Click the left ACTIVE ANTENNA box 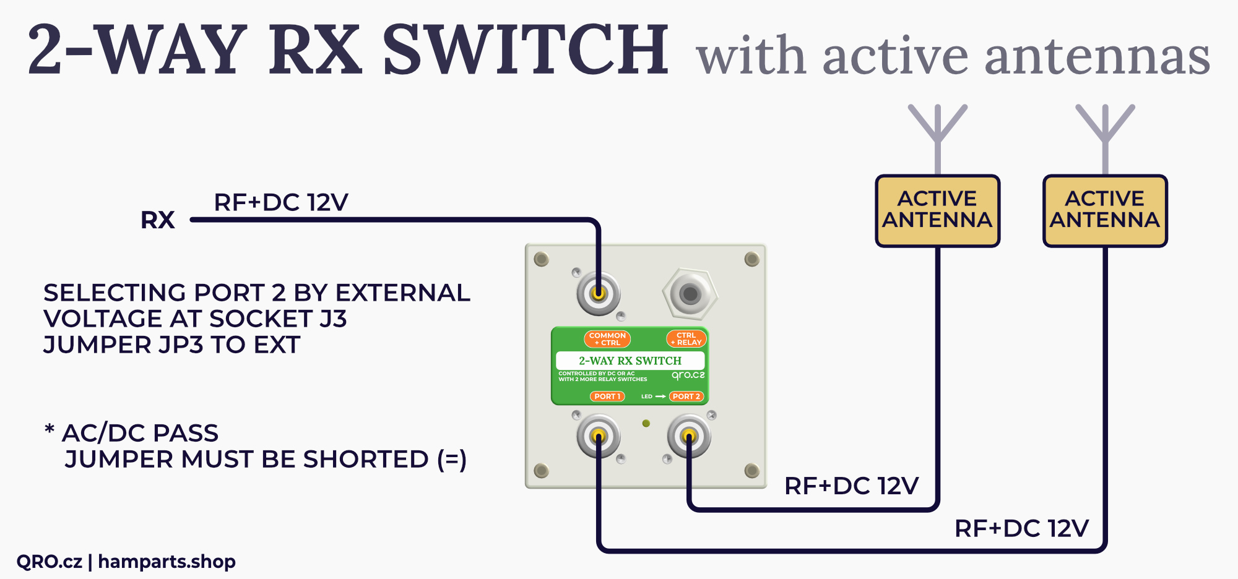pyautogui.click(x=937, y=210)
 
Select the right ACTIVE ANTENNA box pyautogui.click(x=1105, y=210)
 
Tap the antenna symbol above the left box pyautogui.click(x=937, y=133)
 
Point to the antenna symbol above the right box pyautogui.click(x=1105, y=133)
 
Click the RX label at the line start pyautogui.click(x=158, y=220)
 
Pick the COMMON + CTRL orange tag pyautogui.click(x=607, y=339)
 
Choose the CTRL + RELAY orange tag pyautogui.click(x=686, y=339)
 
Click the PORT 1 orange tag pyautogui.click(x=607, y=397)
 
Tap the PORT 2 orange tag pyautogui.click(x=686, y=397)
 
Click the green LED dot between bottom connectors pyautogui.click(x=646, y=424)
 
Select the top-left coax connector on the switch pyautogui.click(x=599, y=293)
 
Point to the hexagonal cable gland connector pyautogui.click(x=690, y=294)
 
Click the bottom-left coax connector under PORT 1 pyautogui.click(x=599, y=437)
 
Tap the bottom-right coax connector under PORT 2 pyautogui.click(x=689, y=437)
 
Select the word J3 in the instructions pyautogui.click(x=333, y=319)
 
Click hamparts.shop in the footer pyautogui.click(x=167, y=562)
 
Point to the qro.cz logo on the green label pyautogui.click(x=688, y=375)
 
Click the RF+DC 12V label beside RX pyautogui.click(x=281, y=202)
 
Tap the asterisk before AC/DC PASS pyautogui.click(x=50, y=429)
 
